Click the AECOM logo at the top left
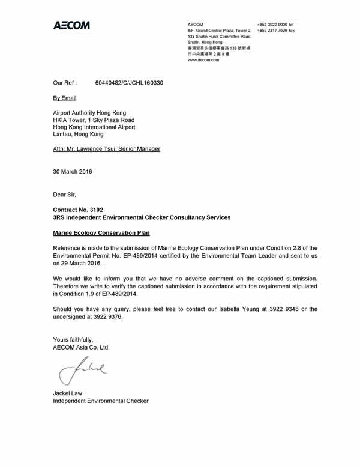(x=71, y=26)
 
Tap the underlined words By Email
(x=65, y=97)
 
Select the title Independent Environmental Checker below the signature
(x=101, y=401)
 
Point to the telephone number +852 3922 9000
(x=272, y=24)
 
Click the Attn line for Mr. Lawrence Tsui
(x=107, y=148)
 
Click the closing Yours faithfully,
(x=73, y=339)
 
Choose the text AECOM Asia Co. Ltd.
(x=82, y=347)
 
